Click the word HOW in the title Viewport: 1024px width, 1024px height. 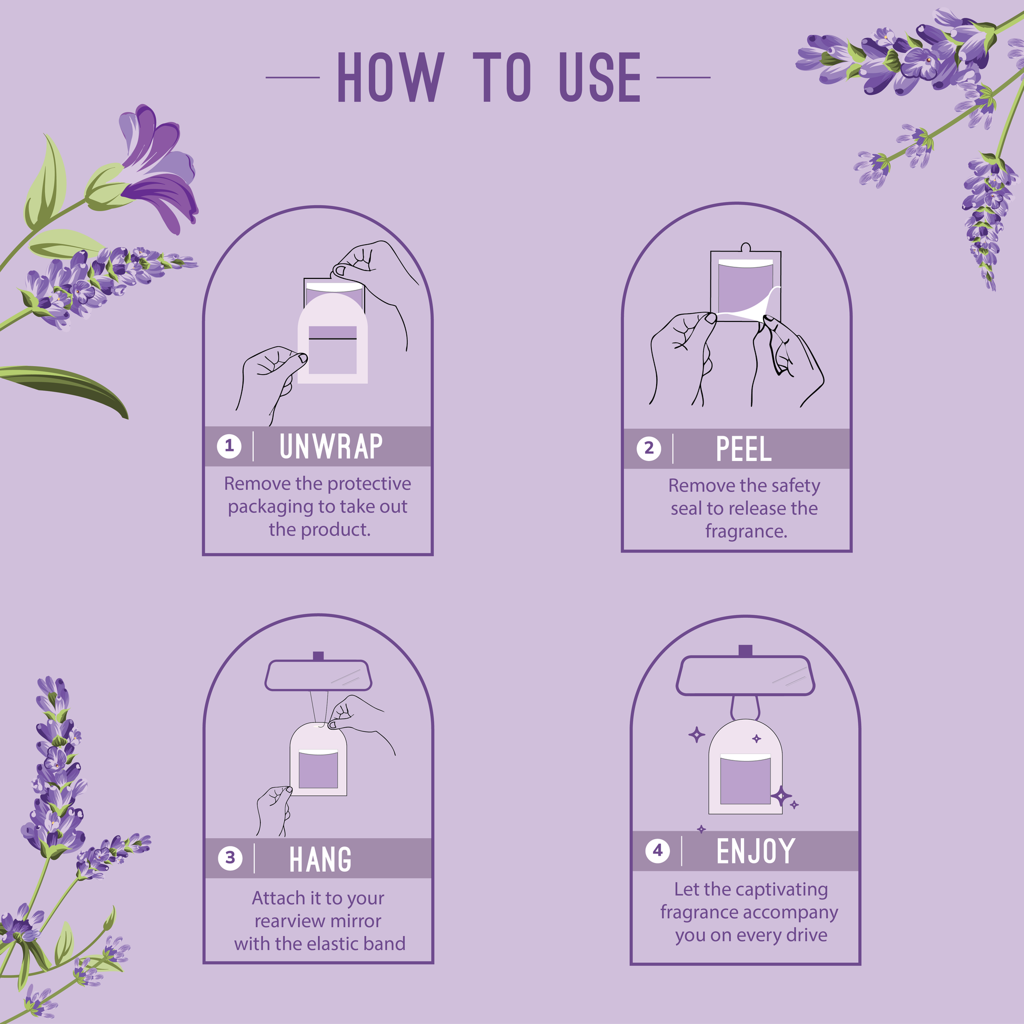click(x=390, y=77)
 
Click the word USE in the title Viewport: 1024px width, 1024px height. click(x=600, y=77)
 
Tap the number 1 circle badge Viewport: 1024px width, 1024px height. click(x=229, y=446)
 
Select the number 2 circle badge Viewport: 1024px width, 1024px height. click(x=649, y=448)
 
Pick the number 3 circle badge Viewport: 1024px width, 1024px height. click(x=230, y=858)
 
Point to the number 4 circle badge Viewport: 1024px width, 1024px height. click(x=658, y=851)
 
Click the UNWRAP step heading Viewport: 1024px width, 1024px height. click(x=331, y=446)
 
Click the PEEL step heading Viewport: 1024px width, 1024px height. click(x=744, y=449)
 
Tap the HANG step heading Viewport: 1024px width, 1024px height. click(x=320, y=859)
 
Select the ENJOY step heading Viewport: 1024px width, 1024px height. click(x=756, y=851)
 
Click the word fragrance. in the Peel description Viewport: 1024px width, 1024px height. click(x=746, y=531)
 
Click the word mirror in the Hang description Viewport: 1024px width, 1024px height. click(x=355, y=921)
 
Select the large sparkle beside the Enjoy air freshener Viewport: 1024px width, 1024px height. click(x=781, y=796)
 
